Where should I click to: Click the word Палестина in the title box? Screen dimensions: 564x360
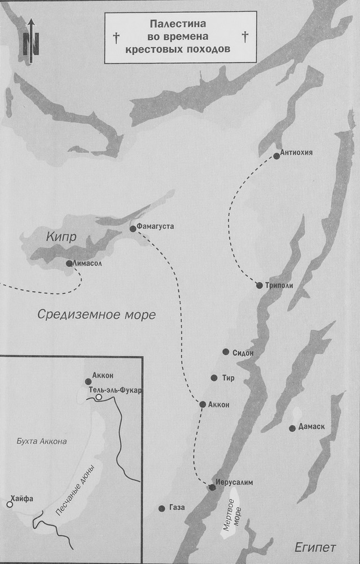pos(179,24)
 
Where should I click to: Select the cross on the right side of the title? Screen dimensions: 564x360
pos(244,38)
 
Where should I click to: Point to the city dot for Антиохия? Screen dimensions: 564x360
pos(276,156)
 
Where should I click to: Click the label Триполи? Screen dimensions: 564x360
pos(279,285)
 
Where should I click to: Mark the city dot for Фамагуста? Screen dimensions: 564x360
pos(133,228)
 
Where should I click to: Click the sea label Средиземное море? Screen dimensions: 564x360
pos(96,315)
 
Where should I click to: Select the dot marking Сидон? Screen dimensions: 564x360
pos(226,352)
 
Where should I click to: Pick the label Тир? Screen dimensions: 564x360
pos(229,378)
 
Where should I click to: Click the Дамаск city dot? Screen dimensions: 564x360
pos(292,428)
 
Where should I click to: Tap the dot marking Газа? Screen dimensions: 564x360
pos(161,508)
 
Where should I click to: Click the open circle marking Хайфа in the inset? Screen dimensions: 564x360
pos(10,504)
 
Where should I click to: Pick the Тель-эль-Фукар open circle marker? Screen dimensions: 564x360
pos(99,398)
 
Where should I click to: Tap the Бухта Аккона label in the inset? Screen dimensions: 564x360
pos(42,441)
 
